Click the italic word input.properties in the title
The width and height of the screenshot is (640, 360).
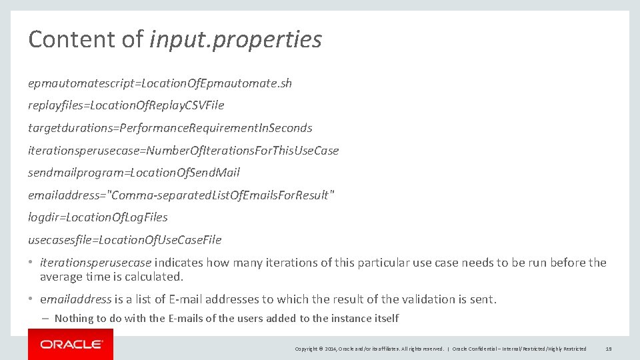click(235, 40)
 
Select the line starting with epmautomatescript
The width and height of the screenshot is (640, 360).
click(159, 83)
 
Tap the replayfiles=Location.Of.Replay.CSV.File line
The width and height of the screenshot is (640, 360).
click(126, 105)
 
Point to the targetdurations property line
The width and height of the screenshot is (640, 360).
click(170, 128)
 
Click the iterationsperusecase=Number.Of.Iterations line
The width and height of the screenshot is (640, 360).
click(183, 151)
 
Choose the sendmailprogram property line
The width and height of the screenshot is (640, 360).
click(133, 173)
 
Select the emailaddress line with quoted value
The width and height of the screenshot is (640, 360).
click(181, 195)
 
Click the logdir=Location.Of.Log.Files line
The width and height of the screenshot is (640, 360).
click(97, 217)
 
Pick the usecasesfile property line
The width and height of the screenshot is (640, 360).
click(124, 240)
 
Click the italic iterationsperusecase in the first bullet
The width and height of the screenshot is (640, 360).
click(95, 263)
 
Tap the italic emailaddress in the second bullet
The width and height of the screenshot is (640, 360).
click(75, 299)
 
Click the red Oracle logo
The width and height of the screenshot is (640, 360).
click(71, 345)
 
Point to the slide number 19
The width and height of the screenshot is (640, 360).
click(609, 349)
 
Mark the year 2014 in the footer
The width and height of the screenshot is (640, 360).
click(331, 349)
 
